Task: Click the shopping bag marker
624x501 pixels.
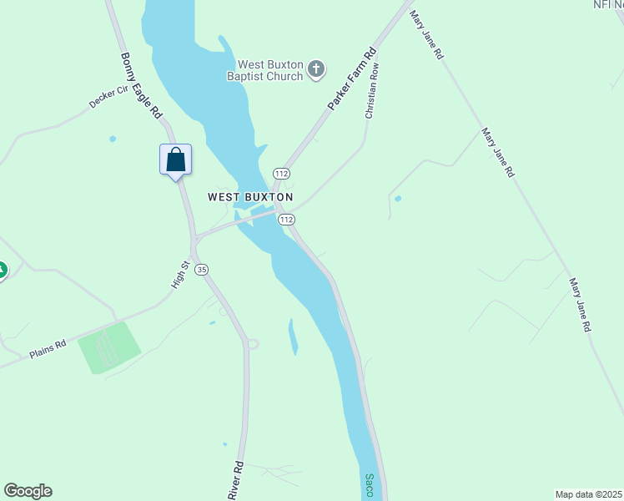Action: pos(176,159)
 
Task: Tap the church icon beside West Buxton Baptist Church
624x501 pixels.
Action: pos(316,69)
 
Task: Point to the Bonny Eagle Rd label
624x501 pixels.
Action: pos(140,85)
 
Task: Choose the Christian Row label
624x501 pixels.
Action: pos(372,89)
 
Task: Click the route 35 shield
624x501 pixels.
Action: pos(202,269)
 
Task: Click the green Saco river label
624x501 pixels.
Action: pos(369,485)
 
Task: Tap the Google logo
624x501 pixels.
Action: pos(28,491)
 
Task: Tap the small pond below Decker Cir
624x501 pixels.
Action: pos(113,139)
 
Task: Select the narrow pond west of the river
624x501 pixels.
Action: pos(293,336)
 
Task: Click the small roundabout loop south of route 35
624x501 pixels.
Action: pos(253,343)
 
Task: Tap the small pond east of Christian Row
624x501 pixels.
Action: pos(398,199)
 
